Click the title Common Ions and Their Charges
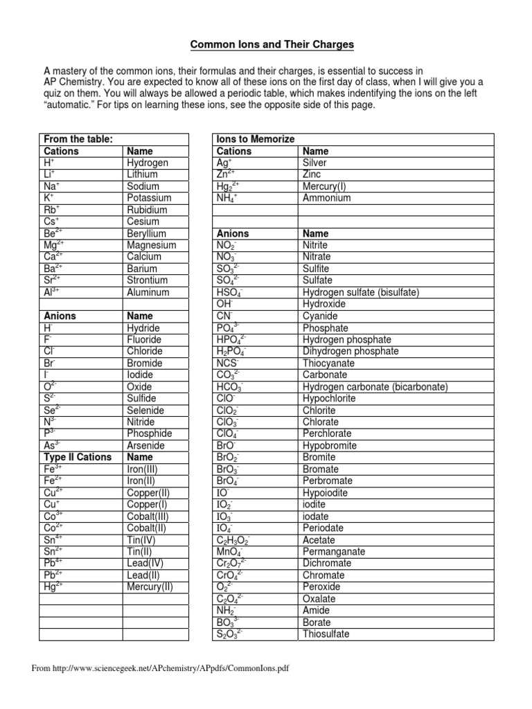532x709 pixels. coord(272,44)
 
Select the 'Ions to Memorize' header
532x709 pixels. coord(256,139)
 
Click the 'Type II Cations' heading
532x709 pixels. coord(77,457)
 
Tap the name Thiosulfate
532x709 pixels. coord(326,634)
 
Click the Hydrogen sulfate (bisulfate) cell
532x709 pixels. coord(361,292)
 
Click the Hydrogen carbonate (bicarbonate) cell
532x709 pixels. coord(375,386)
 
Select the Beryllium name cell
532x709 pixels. coord(147,233)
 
